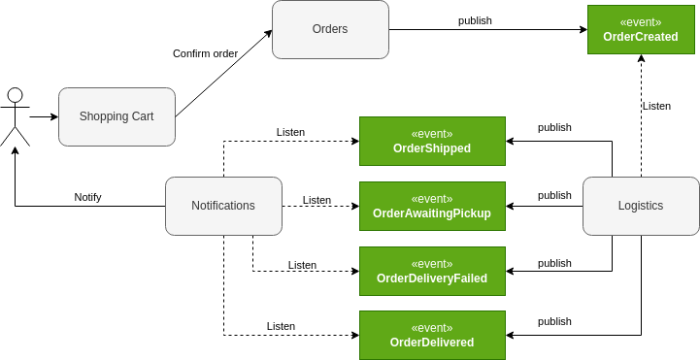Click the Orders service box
[330, 29]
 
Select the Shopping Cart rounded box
[117, 116]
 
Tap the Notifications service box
[223, 206]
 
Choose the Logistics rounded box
[641, 206]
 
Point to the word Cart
[143, 116]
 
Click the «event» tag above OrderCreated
[641, 22]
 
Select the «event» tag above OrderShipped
[432, 134]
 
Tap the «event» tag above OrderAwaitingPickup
[432, 199]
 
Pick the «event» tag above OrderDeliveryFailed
[432, 264]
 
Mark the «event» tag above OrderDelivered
[432, 328]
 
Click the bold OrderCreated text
[641, 37]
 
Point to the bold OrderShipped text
[432, 148]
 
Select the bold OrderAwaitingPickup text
[432, 213]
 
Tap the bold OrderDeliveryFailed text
[432, 278]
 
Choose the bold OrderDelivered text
[432, 343]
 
